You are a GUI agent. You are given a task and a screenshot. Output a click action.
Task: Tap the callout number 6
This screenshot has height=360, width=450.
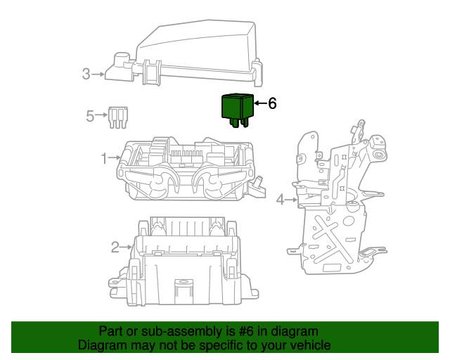[x=272, y=103]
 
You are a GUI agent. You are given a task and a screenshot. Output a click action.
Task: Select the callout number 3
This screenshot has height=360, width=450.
[x=86, y=73]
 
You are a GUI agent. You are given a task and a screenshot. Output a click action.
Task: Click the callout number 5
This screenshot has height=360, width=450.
[x=90, y=116]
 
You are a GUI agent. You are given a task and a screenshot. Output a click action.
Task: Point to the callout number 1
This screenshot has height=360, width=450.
[x=103, y=159]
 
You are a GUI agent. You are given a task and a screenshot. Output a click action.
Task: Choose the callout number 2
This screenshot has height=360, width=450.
[x=115, y=247]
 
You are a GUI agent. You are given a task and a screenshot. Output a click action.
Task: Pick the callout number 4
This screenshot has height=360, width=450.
[x=280, y=200]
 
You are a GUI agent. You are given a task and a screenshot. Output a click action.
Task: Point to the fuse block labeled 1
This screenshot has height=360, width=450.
[x=186, y=172]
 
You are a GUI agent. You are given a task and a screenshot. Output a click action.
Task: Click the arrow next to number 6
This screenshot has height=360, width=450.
[x=259, y=104]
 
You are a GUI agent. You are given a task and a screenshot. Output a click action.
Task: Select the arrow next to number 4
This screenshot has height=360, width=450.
[x=292, y=200]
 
